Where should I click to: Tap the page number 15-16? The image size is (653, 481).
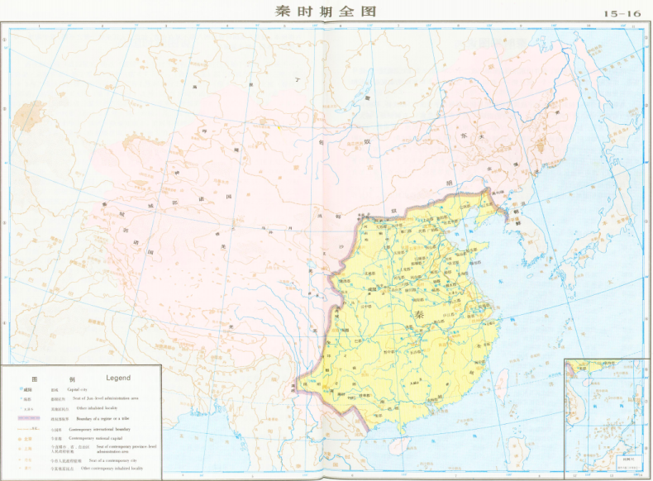coord(622,14)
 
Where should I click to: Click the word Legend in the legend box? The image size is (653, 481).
coord(117,378)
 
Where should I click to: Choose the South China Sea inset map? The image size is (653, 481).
coord(605,417)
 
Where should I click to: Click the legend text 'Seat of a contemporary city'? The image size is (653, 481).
coord(112,460)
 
